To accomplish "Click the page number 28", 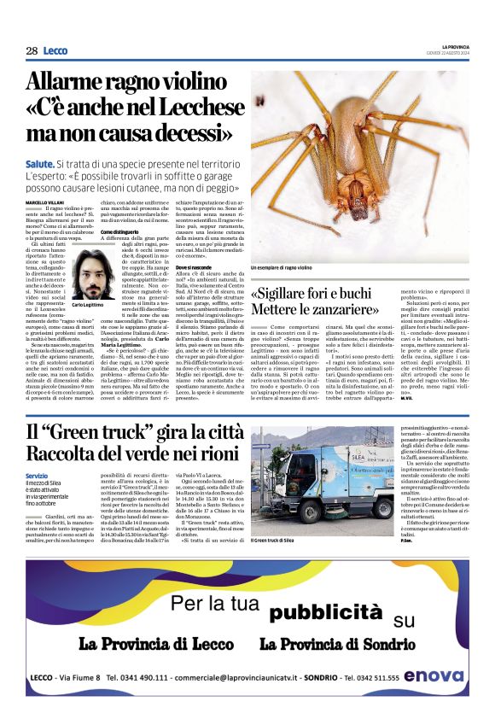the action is (32, 51).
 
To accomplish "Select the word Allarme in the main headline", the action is (78, 84).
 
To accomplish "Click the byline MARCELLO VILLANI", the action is (44, 202).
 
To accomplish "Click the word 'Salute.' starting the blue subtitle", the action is (40, 163).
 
